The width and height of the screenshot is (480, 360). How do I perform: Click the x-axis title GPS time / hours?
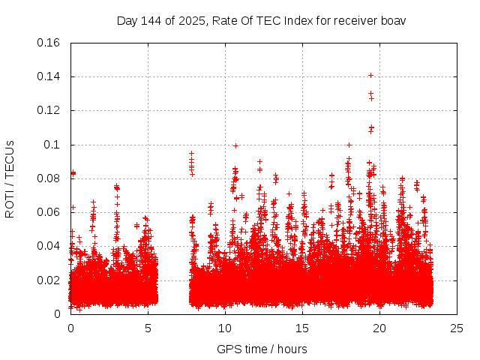[x=262, y=349]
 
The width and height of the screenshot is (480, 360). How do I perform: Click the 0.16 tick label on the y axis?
[x=49, y=42]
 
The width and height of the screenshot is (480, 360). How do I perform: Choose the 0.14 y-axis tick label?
[x=49, y=76]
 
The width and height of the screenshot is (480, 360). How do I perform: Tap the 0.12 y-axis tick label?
[x=49, y=110]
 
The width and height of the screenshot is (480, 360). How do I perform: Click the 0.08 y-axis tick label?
[x=49, y=178]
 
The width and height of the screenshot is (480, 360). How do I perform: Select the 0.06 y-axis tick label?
[x=49, y=212]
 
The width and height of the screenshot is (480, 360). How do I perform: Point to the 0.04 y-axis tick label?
[x=49, y=246]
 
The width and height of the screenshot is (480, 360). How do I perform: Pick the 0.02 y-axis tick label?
[x=49, y=280]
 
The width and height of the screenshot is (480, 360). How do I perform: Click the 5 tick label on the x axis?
[x=148, y=328]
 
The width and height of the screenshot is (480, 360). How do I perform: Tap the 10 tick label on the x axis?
[x=225, y=328]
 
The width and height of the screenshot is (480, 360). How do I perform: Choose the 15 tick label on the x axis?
[x=302, y=328]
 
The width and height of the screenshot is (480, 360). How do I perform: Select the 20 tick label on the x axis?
[x=380, y=328]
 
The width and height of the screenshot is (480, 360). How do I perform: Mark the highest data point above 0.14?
[x=370, y=75]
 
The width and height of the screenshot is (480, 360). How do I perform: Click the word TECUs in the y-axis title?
[x=10, y=157]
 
